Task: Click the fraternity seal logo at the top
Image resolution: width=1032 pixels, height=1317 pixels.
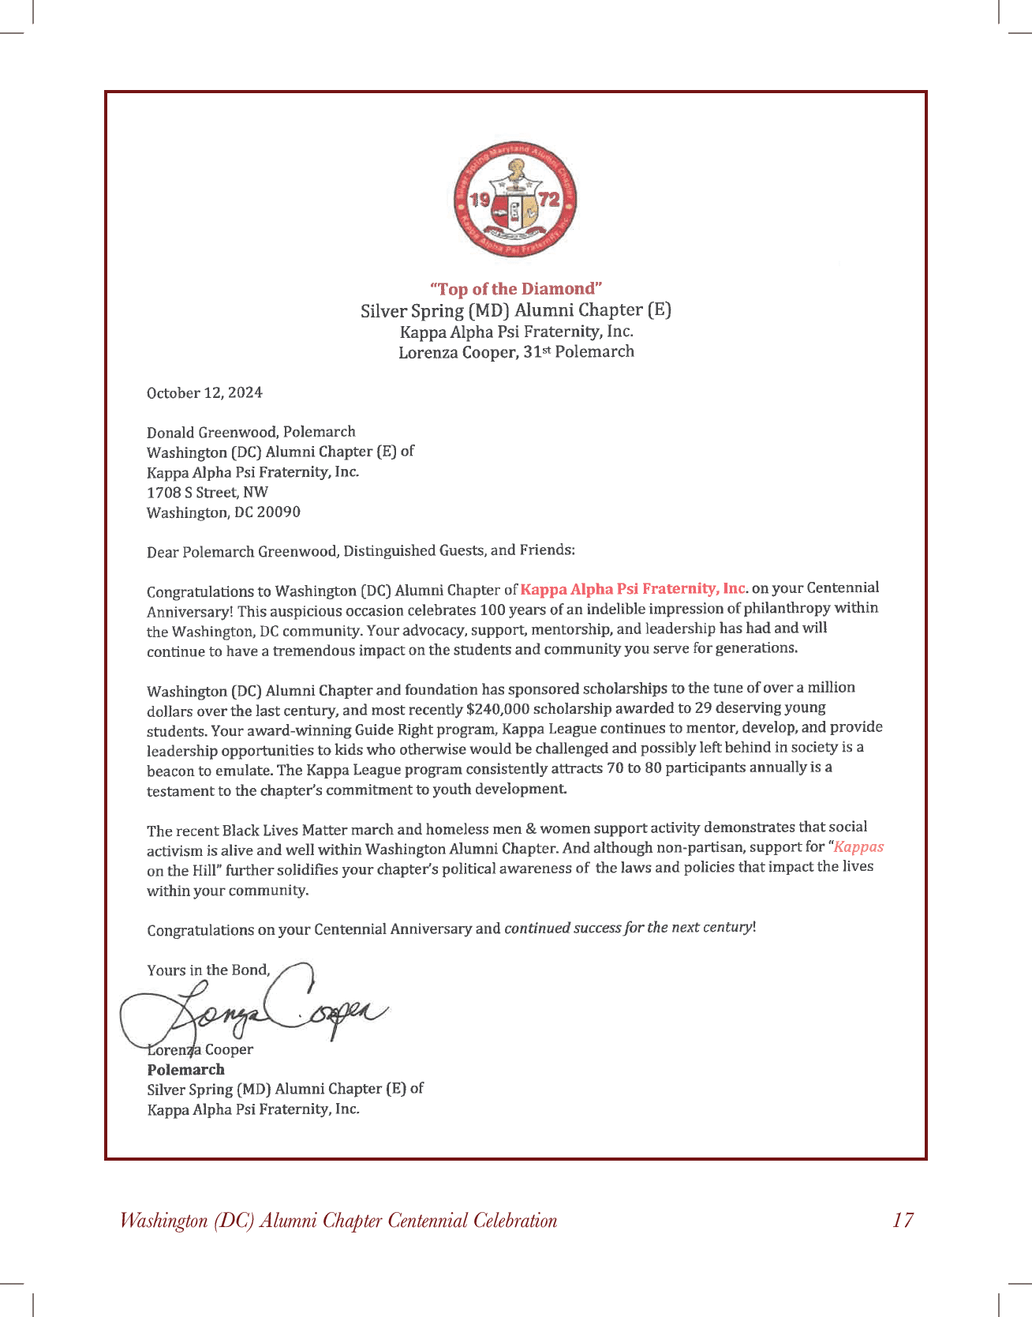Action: (x=516, y=200)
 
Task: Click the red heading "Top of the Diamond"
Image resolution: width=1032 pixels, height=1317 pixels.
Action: (x=516, y=289)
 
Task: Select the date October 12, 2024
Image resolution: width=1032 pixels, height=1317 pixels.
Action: (x=204, y=393)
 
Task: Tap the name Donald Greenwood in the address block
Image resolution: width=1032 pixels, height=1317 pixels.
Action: (x=212, y=433)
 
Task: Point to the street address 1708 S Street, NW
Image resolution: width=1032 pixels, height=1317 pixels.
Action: (x=208, y=493)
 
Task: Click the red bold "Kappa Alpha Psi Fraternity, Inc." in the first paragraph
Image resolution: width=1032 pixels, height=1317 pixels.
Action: (x=634, y=589)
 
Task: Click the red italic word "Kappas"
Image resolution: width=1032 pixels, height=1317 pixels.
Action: (x=858, y=847)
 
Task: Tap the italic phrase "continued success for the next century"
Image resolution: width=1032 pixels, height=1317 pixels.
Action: (x=628, y=928)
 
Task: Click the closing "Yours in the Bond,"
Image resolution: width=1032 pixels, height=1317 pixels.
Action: (x=208, y=970)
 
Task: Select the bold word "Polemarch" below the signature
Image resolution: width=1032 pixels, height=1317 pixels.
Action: (x=186, y=1070)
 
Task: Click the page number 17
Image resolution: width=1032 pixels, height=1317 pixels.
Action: (x=903, y=1221)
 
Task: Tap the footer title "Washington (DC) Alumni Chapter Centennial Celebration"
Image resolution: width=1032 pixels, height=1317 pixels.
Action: (x=338, y=1221)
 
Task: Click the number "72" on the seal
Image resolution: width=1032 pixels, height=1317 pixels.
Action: (x=548, y=198)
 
